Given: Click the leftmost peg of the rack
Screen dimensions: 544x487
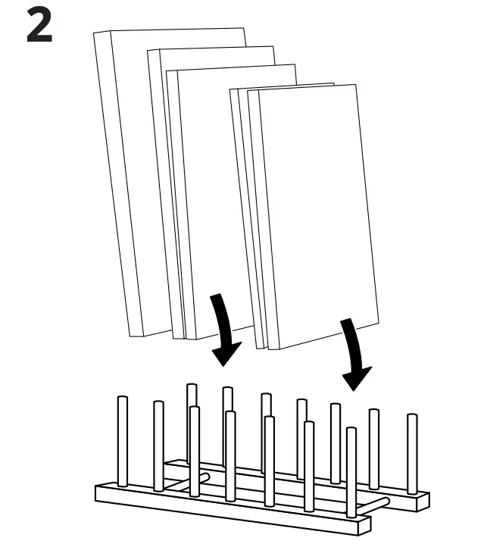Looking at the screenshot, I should pos(123,439).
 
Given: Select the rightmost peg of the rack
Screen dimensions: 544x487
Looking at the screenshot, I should pos(412,451).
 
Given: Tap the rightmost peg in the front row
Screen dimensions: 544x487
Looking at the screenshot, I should pos(351,470).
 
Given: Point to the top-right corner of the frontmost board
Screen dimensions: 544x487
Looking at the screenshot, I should pos(356,86).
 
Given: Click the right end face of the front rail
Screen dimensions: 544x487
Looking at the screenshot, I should pos(369,527).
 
